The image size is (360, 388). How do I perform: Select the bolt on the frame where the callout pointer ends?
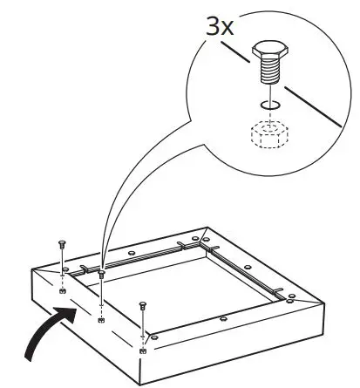pos(101,274)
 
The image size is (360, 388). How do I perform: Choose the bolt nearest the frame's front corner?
pos(143,306)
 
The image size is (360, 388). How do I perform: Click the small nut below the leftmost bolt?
pos(63,289)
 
